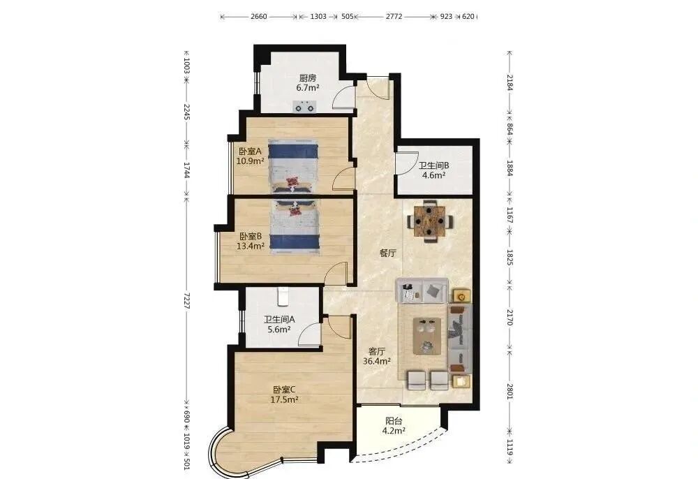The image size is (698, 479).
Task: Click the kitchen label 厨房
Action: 308,78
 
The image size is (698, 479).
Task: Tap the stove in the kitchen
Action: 305,106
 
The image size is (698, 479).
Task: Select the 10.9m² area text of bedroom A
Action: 250,161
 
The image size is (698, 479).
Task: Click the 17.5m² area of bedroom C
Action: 285,400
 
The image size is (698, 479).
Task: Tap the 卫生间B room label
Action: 433,165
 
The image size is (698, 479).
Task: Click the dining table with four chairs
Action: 430,221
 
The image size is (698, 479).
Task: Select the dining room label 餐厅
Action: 387,253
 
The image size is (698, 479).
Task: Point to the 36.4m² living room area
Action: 377,362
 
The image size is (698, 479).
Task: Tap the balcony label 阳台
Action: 394,421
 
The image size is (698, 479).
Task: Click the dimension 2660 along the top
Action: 259,17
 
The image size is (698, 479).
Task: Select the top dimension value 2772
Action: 394,17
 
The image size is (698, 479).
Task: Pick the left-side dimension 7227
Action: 187,301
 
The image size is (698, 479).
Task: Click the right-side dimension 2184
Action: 510,82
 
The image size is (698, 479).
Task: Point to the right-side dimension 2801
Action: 510,391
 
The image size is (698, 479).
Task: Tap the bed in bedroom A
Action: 293,167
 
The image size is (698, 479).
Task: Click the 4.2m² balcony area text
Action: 394,431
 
